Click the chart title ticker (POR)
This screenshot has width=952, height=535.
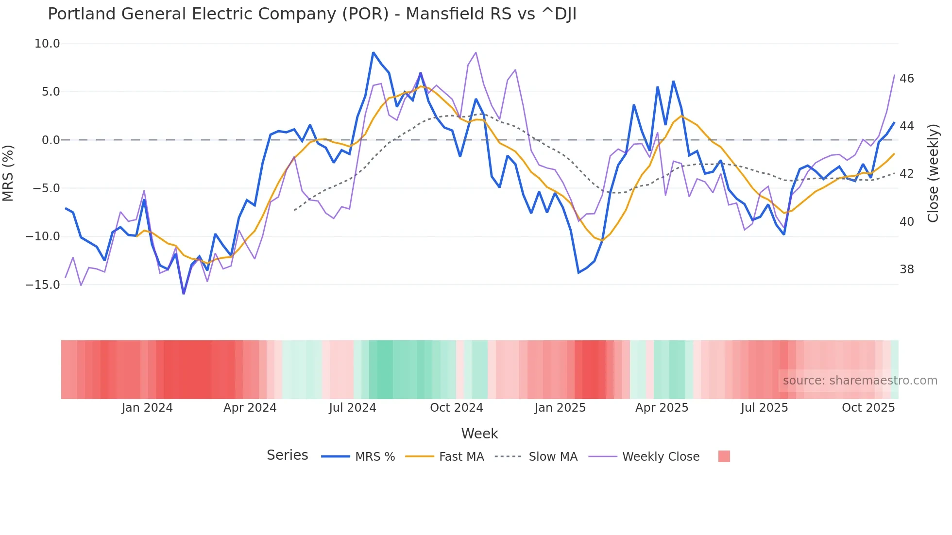(x=365, y=14)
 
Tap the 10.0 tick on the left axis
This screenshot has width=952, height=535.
(x=47, y=44)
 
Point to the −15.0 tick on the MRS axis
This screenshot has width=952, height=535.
(x=43, y=284)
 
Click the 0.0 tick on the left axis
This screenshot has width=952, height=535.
(x=51, y=140)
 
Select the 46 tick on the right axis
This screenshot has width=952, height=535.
(x=906, y=79)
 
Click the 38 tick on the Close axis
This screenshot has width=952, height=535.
(x=906, y=269)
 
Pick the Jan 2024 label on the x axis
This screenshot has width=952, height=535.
(x=147, y=408)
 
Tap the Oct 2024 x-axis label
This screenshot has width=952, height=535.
(x=457, y=408)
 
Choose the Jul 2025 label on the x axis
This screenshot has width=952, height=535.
(x=764, y=408)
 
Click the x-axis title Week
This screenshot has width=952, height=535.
(x=479, y=434)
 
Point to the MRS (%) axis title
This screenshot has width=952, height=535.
(x=8, y=173)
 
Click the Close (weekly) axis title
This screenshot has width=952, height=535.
(x=933, y=173)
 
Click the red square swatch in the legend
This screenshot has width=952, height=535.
(x=724, y=456)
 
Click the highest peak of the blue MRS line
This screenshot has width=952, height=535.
(x=373, y=52)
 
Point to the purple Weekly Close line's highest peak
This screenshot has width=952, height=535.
(x=476, y=52)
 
